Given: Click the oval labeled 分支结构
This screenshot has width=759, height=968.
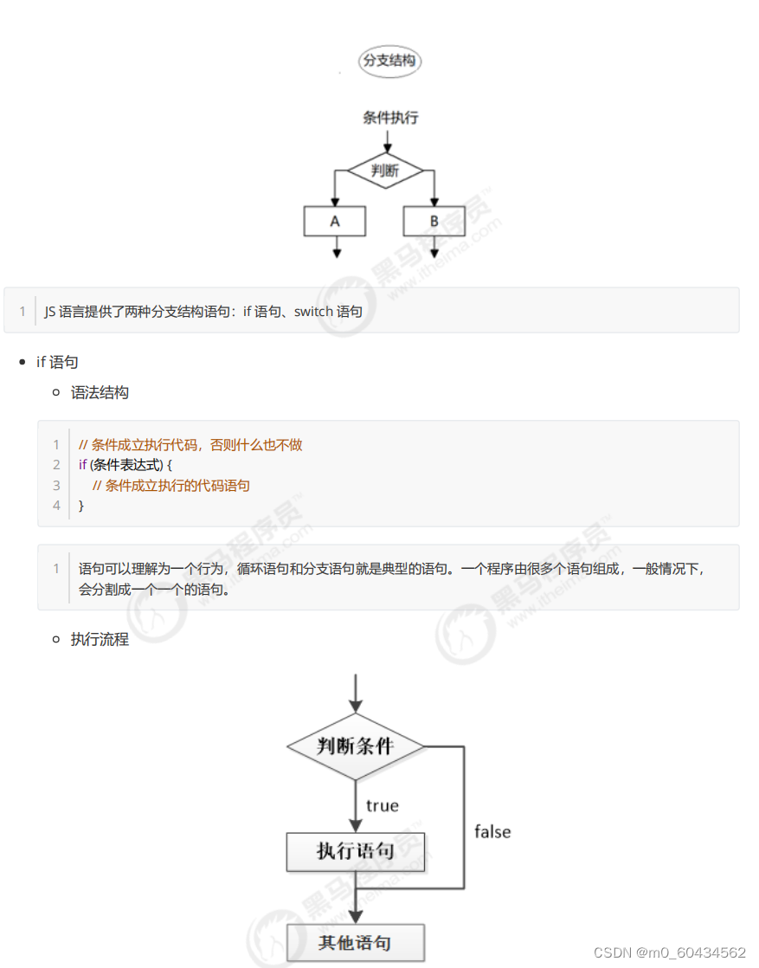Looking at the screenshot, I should point(389,61).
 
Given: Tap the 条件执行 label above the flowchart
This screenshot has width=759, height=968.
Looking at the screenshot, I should point(389,117).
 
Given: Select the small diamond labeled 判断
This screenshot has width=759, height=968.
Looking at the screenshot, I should point(385,171).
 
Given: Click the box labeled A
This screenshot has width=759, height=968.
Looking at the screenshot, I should point(335,221).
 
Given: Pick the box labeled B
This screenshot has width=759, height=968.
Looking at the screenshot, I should point(434,221).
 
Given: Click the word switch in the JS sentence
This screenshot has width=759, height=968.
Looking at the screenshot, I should point(313,311).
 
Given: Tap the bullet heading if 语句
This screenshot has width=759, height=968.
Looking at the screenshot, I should point(57,361).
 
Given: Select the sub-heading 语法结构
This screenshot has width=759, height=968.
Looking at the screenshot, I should point(100,392).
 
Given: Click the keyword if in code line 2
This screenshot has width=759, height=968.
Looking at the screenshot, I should point(83,465).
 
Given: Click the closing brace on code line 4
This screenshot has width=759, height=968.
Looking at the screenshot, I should point(81,505).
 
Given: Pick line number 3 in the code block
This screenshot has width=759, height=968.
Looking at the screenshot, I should point(56,485).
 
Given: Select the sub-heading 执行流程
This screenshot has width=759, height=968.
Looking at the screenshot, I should point(100,640).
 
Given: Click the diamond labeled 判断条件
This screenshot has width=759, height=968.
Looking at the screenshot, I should point(355,746).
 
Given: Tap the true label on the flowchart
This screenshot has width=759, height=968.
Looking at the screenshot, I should point(382,806).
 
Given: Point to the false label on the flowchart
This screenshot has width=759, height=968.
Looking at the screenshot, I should point(492,831).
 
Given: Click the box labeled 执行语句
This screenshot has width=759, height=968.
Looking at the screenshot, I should point(355,851).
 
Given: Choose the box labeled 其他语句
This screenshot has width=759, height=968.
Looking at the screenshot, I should point(355,942).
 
